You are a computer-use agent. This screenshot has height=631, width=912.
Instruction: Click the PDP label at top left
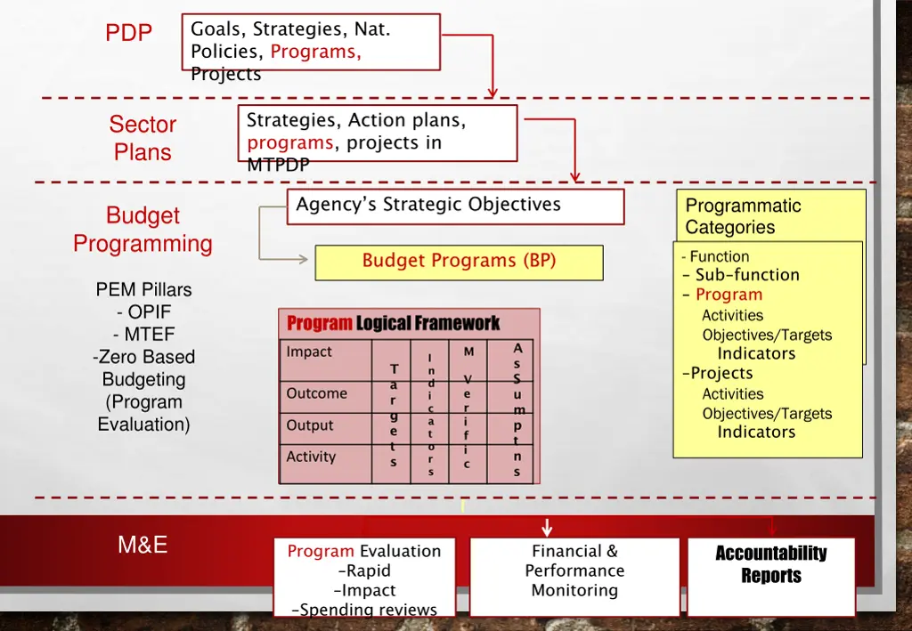click(x=129, y=33)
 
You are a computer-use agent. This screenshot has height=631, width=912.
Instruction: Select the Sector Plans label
click(x=142, y=138)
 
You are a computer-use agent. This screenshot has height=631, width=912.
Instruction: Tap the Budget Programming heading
click(x=142, y=230)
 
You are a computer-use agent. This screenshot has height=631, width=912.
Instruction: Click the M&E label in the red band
click(x=142, y=545)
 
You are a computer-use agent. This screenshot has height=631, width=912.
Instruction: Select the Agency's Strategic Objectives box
click(x=455, y=206)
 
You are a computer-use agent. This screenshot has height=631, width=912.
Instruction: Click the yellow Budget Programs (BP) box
click(x=459, y=262)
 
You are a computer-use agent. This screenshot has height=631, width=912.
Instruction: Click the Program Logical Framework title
click(x=393, y=323)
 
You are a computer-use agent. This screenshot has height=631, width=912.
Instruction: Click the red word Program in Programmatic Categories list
click(x=729, y=295)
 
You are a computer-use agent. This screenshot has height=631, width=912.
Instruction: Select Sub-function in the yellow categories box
click(x=746, y=275)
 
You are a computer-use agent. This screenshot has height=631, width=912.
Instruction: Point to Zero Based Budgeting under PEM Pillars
click(x=143, y=368)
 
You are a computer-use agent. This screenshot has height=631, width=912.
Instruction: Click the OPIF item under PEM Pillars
click(x=143, y=311)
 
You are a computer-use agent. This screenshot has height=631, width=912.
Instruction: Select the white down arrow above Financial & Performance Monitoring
click(x=547, y=528)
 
